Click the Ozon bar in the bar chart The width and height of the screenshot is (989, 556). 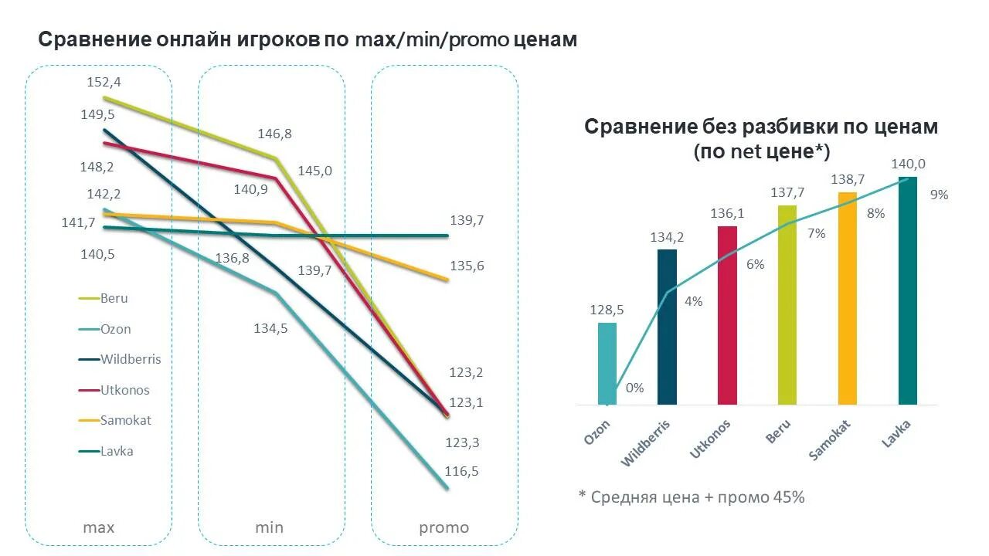tap(607, 363)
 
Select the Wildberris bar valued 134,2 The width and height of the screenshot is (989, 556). tap(667, 327)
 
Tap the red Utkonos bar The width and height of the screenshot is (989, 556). tap(727, 315)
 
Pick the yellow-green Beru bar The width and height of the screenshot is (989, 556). tap(787, 305)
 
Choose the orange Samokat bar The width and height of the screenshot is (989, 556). tap(848, 298)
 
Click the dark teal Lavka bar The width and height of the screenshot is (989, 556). tap(908, 290)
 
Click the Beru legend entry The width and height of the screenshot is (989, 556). tap(114, 298)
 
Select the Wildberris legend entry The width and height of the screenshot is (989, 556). tap(130, 359)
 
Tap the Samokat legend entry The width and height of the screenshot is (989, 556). tap(125, 421)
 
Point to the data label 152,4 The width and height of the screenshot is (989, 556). tap(104, 82)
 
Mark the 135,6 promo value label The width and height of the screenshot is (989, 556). tap(467, 266)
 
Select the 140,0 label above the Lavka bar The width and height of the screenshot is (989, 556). tap(908, 164)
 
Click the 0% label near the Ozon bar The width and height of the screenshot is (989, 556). tap(634, 388)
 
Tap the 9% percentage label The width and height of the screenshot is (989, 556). tap(939, 195)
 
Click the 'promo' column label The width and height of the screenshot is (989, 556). tap(444, 528)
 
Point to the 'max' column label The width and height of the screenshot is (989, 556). tap(98, 528)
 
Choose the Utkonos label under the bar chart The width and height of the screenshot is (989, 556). tap(709, 439)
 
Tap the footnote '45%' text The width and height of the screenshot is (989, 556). tap(788, 497)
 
